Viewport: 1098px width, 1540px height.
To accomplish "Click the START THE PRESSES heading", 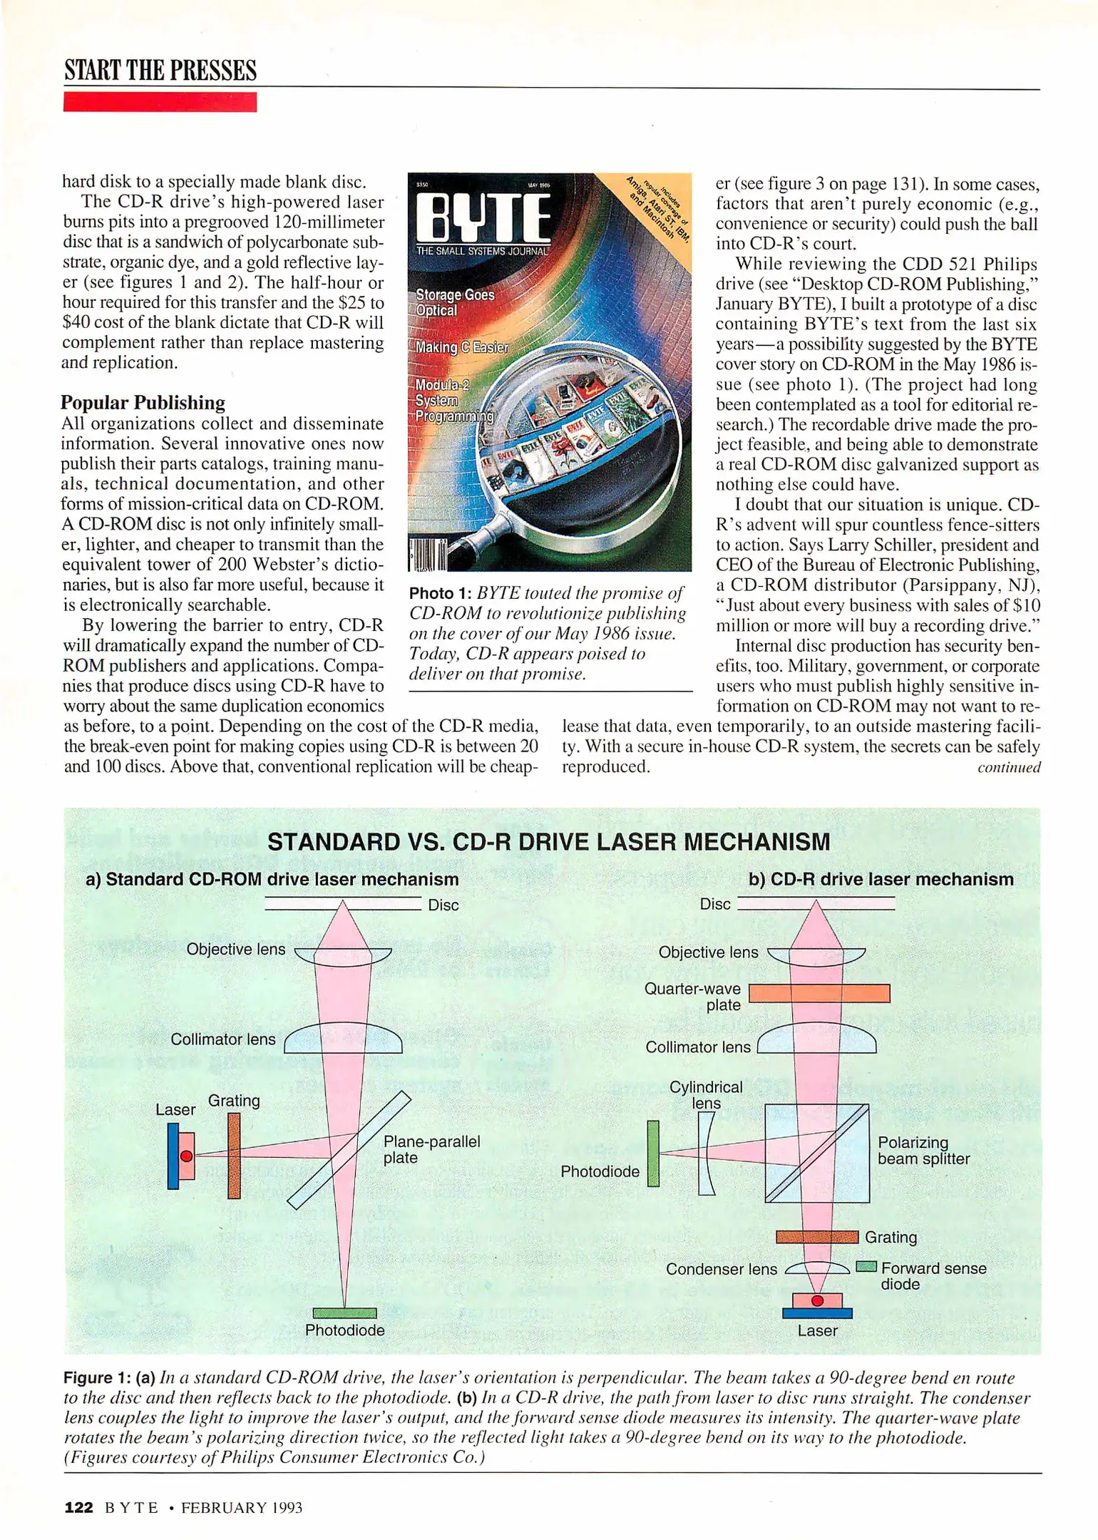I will point(160,71).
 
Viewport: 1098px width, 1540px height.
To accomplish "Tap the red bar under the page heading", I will point(160,102).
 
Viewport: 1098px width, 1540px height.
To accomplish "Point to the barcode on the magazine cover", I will point(428,555).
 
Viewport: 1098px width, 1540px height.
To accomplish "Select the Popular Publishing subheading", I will point(143,403).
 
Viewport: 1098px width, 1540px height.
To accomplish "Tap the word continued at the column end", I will point(1008,767).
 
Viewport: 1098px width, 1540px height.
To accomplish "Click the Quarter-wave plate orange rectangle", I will point(819,993).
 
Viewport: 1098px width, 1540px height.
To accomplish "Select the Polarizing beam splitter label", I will point(923,1151).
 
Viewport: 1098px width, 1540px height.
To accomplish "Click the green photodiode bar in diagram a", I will point(344,1313).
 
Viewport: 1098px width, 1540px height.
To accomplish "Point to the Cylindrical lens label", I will point(705,1094).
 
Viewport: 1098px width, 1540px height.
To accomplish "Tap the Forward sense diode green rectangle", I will point(866,1267).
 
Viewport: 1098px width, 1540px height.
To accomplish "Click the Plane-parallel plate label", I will point(431,1149).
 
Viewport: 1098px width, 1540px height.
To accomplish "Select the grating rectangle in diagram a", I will point(234,1156).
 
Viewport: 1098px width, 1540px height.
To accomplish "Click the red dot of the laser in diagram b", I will point(817,1300).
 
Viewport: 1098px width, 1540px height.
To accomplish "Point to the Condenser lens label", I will point(721,1269).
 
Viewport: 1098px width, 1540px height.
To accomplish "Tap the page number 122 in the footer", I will point(78,1507).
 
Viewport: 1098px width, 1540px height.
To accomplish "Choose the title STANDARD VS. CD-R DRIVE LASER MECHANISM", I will point(548,842).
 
